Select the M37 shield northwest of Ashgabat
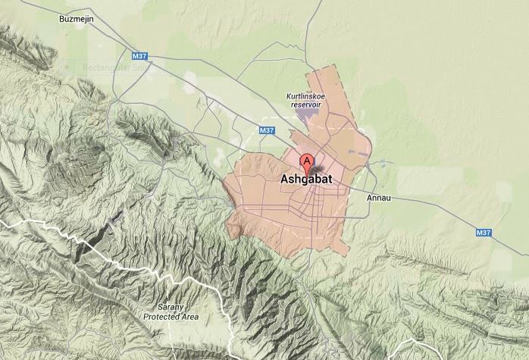click(x=266, y=130)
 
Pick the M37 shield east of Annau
click(x=484, y=233)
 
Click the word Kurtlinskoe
click(x=303, y=96)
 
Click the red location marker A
click(x=307, y=161)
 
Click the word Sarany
click(x=171, y=307)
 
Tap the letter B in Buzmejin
click(x=61, y=19)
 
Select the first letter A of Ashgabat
click(x=284, y=180)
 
